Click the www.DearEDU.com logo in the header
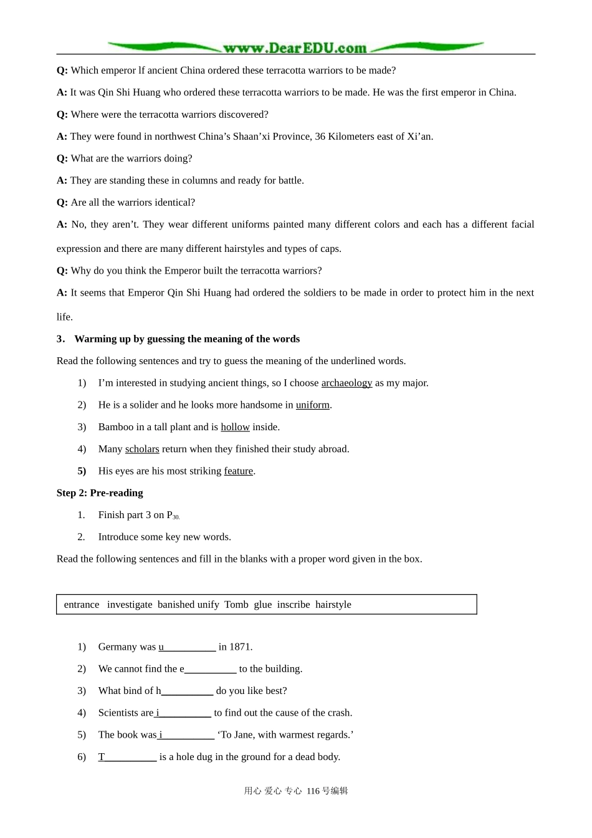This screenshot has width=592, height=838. tap(295, 47)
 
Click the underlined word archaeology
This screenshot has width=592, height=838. tap(346, 383)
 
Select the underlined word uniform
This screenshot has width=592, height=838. tap(312, 405)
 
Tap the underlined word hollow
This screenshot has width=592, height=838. tap(235, 427)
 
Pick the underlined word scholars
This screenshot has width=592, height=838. tap(142, 449)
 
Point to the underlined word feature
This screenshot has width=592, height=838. tap(238, 471)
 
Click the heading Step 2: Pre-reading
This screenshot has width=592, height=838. tap(100, 493)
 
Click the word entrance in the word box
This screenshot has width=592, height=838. tap(82, 604)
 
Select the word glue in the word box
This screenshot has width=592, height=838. tap(262, 604)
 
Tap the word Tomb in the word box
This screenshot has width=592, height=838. tap(236, 604)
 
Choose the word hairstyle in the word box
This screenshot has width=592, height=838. tap(333, 604)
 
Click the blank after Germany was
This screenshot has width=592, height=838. tap(188, 647)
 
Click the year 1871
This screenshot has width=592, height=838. tap(240, 647)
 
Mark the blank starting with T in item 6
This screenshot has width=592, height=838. tap(128, 757)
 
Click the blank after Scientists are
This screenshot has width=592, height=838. tap(184, 713)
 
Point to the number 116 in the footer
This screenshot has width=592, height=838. tap(313, 791)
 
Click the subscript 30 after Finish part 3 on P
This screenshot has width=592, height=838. tap(176, 517)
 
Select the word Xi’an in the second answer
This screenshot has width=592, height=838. tap(419, 137)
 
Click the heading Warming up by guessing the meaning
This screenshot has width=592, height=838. tap(187, 339)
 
